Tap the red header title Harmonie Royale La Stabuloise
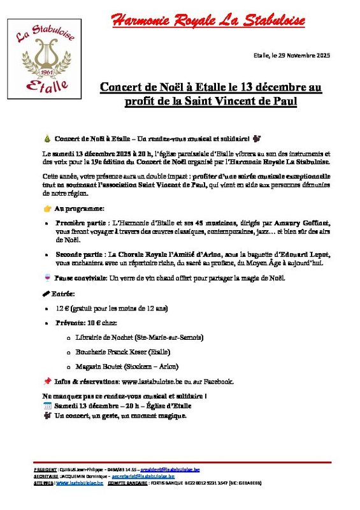coord(208,21)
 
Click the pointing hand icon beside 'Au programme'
coord(47,208)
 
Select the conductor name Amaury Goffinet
coord(304,222)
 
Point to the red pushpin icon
coord(47,381)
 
